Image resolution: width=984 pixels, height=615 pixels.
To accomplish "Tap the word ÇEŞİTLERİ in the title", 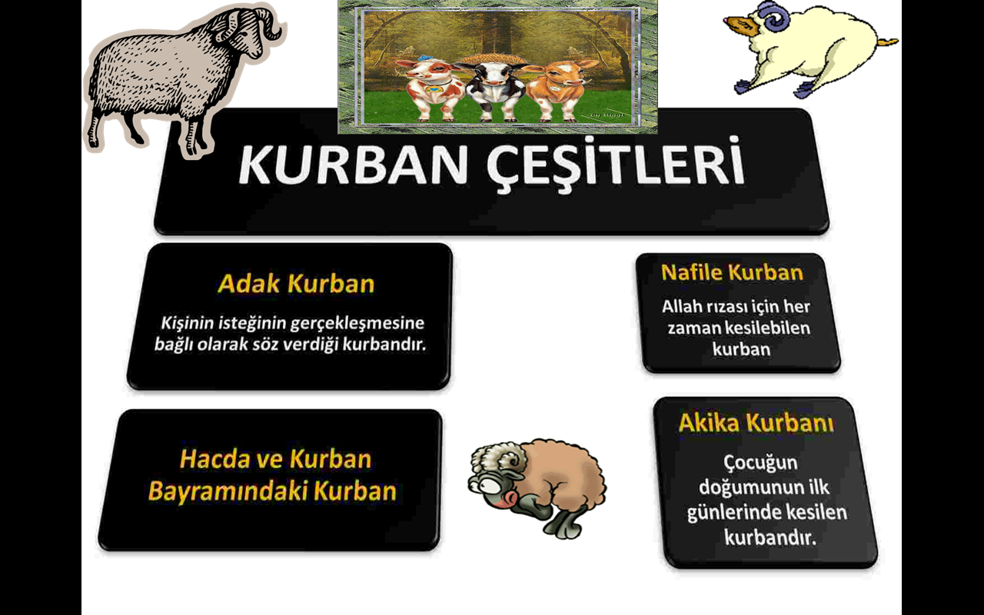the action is [x=616, y=165].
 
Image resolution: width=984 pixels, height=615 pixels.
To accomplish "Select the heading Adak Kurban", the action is [x=296, y=284].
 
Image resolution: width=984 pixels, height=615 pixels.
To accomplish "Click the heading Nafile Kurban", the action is [x=733, y=272].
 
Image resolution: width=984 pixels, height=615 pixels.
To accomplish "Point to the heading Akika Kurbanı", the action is [x=756, y=423].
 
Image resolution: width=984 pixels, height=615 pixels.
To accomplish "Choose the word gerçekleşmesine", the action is [x=357, y=324].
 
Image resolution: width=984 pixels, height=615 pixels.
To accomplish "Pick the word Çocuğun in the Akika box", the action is [x=760, y=463].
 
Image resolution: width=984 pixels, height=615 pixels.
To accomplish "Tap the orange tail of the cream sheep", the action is [x=886, y=42].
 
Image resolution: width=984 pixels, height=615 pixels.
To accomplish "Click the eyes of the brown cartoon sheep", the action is [x=484, y=486].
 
